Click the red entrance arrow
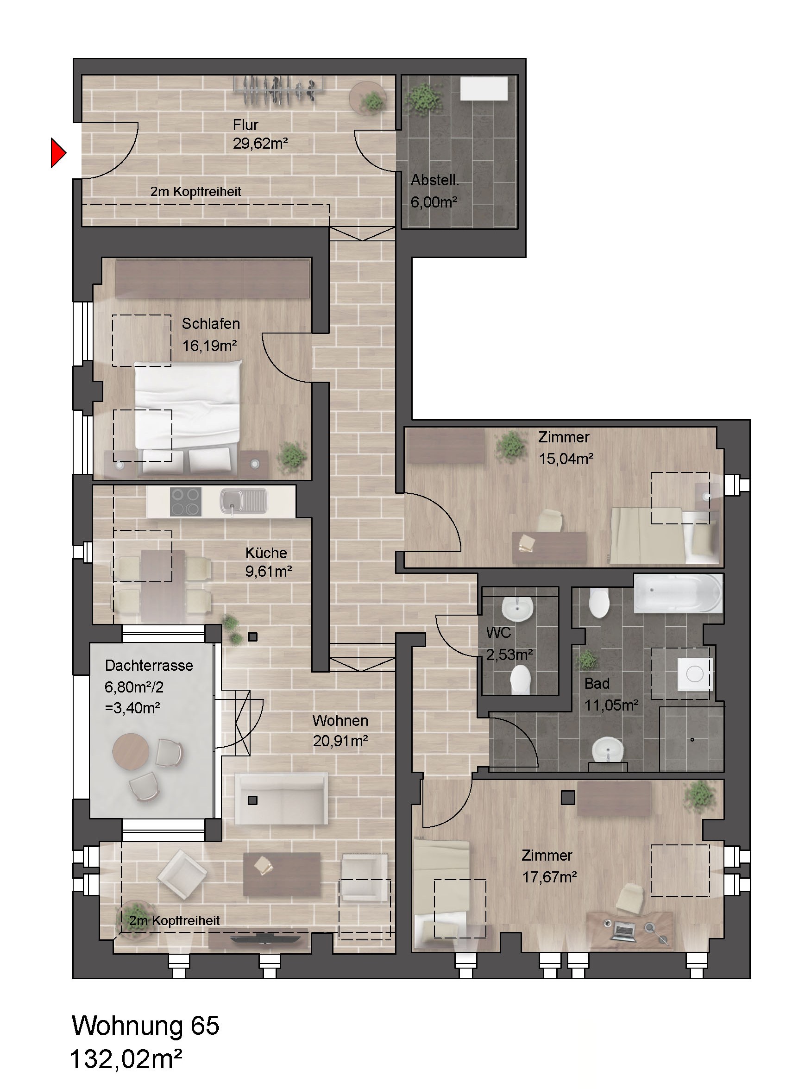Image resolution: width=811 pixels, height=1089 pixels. click(58, 153)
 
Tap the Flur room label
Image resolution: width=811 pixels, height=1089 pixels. click(245, 125)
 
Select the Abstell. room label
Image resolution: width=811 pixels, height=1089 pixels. click(435, 180)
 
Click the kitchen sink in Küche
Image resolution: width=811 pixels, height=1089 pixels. click(243, 501)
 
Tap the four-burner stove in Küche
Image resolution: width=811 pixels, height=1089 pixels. click(186, 501)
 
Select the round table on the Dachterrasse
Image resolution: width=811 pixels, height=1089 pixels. click(131, 752)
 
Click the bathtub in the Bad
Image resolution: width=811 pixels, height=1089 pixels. click(678, 593)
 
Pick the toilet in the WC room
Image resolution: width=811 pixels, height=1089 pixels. click(521, 680)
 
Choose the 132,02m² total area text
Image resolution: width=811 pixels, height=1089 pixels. click(126, 1059)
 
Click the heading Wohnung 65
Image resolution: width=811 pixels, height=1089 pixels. click(145, 1026)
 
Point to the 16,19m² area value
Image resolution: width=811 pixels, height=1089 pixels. click(210, 346)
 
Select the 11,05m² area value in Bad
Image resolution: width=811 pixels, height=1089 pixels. click(611, 705)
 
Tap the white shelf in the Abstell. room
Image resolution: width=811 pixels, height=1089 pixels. click(484, 89)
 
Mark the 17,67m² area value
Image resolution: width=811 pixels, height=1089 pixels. click(549, 877)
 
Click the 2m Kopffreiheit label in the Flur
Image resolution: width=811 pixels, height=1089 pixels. click(195, 191)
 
